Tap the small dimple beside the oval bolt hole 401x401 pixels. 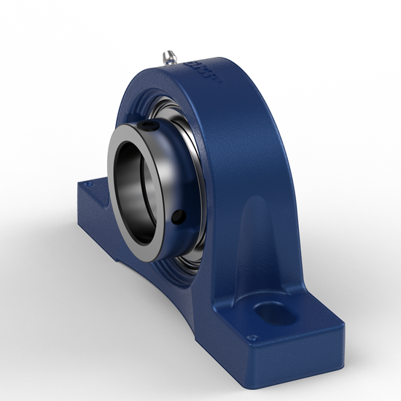(252, 337)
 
